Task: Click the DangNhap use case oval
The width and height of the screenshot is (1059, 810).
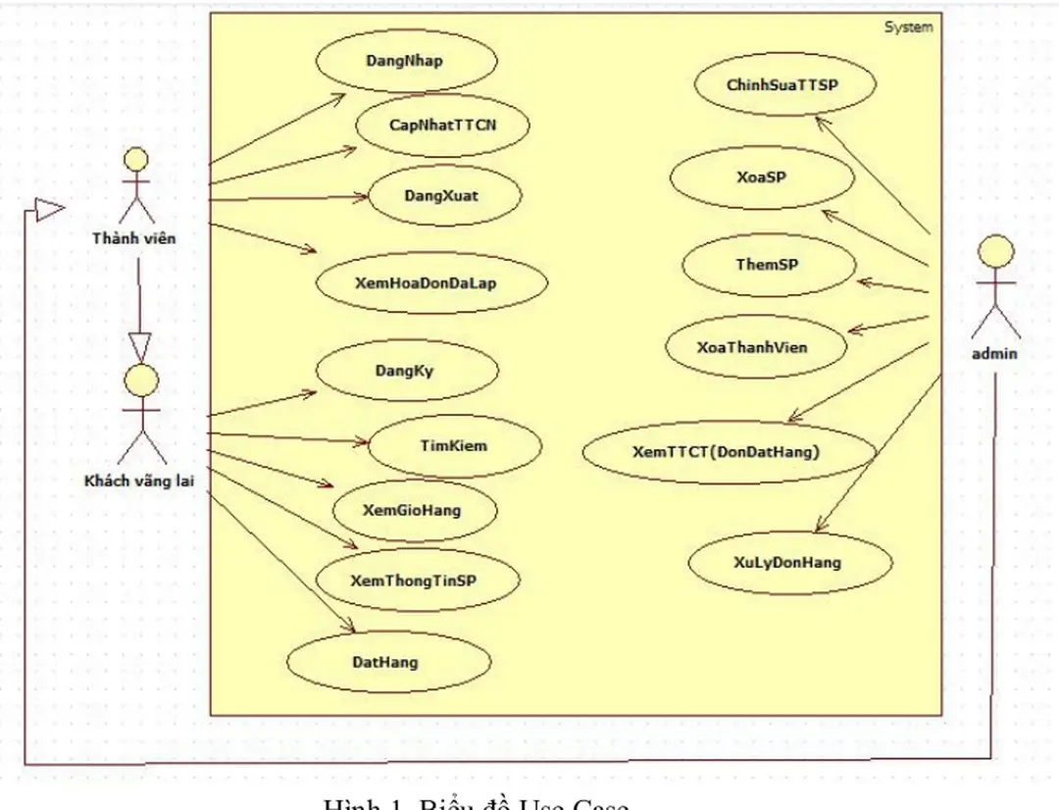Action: pyautogui.click(x=405, y=61)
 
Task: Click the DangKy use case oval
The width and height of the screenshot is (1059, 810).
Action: pyautogui.click(x=405, y=371)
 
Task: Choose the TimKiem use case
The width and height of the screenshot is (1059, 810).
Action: pyautogui.click(x=454, y=445)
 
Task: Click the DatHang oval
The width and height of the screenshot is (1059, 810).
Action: pyautogui.click(x=385, y=662)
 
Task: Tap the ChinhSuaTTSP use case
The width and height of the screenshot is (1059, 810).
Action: pyautogui.click(x=783, y=85)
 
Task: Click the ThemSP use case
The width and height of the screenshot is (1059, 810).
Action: pyautogui.click(x=768, y=265)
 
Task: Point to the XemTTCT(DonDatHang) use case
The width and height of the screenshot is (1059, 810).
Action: pyautogui.click(x=727, y=452)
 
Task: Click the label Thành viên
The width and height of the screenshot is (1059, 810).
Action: pyautogui.click(x=134, y=237)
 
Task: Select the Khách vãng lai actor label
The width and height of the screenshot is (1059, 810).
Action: pyautogui.click(x=138, y=481)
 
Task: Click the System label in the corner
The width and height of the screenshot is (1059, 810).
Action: pyautogui.click(x=908, y=27)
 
